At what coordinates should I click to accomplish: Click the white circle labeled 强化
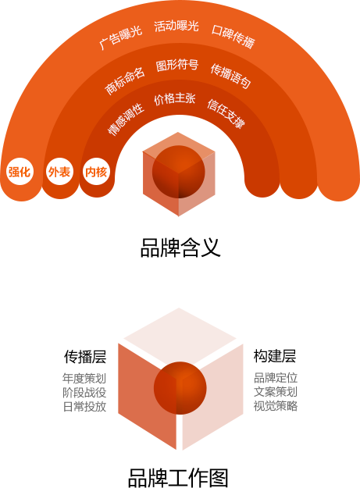pyautogui.click(x=20, y=172)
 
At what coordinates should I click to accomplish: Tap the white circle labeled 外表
pyautogui.click(x=59, y=172)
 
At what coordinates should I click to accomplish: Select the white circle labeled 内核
pyautogui.click(x=97, y=172)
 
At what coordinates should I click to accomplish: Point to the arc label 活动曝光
pyautogui.click(x=176, y=26)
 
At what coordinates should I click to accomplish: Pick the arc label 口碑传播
pyautogui.click(x=233, y=37)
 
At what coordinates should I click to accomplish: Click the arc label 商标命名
pyautogui.click(x=125, y=80)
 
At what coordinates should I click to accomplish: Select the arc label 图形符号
pyautogui.click(x=177, y=65)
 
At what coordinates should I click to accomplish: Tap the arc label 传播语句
pyautogui.click(x=230, y=76)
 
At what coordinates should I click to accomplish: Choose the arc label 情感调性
pyautogui.click(x=126, y=119)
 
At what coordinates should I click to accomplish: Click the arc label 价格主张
pyautogui.click(x=175, y=99)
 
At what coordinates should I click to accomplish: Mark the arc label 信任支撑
pyautogui.click(x=226, y=113)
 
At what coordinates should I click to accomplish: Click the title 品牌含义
pyautogui.click(x=180, y=248)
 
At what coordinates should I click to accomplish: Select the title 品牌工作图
pyautogui.click(x=179, y=477)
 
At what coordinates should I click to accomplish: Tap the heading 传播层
pyautogui.click(x=85, y=356)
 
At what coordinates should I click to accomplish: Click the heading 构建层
pyautogui.click(x=275, y=356)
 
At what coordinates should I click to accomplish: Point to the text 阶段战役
pyautogui.click(x=84, y=393)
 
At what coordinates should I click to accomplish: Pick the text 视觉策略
pyautogui.click(x=276, y=406)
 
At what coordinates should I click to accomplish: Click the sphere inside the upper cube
pyautogui.click(x=179, y=172)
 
